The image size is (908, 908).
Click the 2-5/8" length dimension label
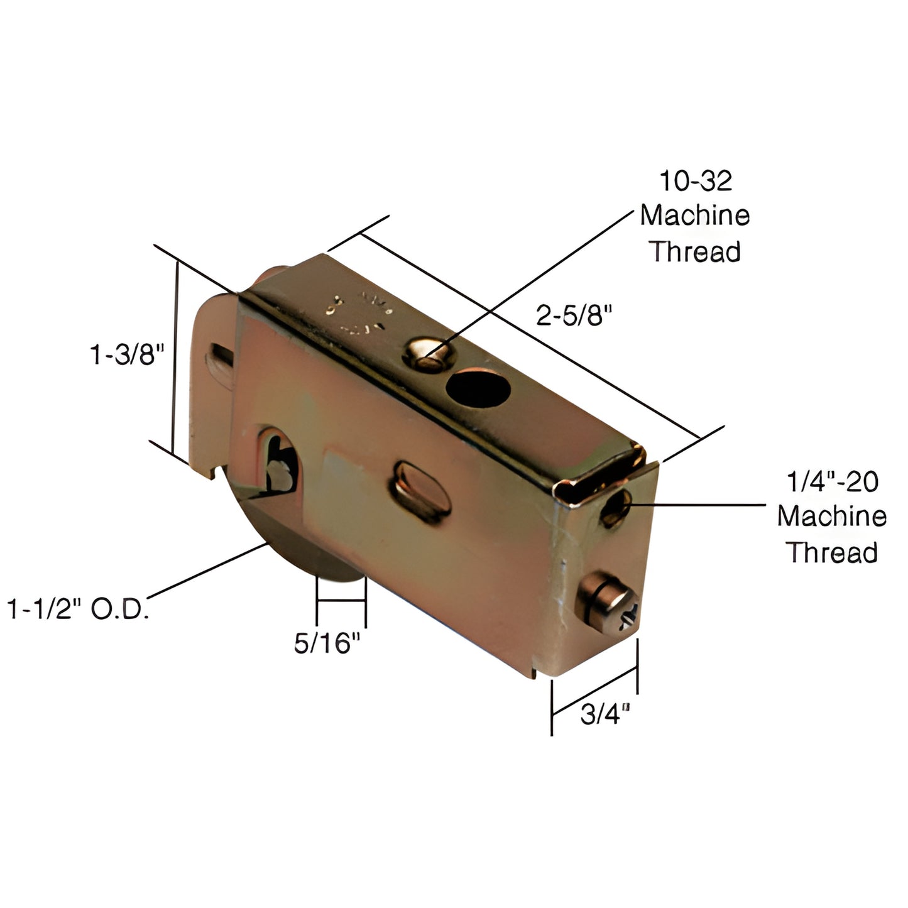coord(574,315)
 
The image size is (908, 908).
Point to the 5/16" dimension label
coord(327,642)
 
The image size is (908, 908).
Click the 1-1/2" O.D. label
coord(79,610)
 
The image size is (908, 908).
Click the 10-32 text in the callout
coord(695,181)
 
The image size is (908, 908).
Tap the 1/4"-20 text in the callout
coord(832,482)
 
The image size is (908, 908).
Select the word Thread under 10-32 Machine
coord(695,251)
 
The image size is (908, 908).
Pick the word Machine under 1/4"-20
coord(832,517)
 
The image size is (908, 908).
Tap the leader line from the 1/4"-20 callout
coord(697,504)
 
